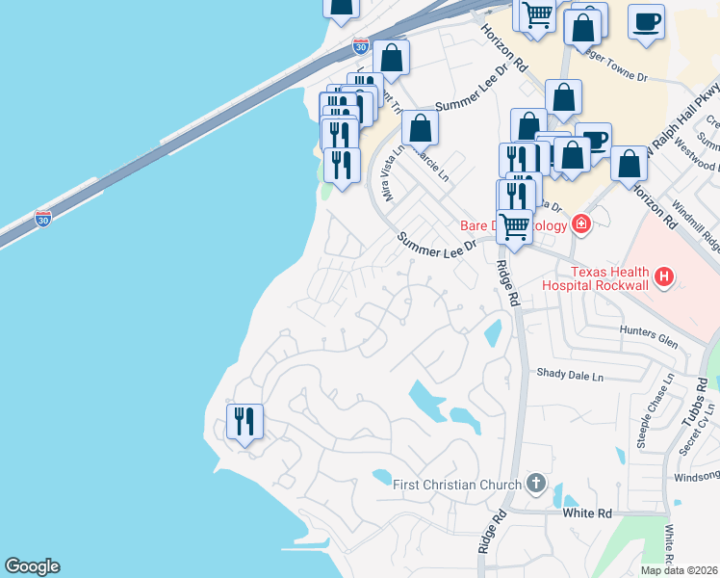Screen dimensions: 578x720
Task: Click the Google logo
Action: [x=32, y=566]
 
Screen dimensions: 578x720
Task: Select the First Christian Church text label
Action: [x=457, y=484]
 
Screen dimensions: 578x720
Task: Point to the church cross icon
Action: [x=537, y=484]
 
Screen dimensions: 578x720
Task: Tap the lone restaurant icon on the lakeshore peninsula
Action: [x=244, y=421]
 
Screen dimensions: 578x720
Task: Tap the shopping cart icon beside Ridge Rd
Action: [x=514, y=226]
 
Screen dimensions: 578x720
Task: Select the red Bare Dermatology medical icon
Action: [x=580, y=224]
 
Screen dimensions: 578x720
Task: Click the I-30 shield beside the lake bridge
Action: [x=42, y=219]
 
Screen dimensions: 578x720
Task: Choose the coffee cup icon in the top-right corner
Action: [x=646, y=20]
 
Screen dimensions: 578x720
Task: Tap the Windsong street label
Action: [x=697, y=475]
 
